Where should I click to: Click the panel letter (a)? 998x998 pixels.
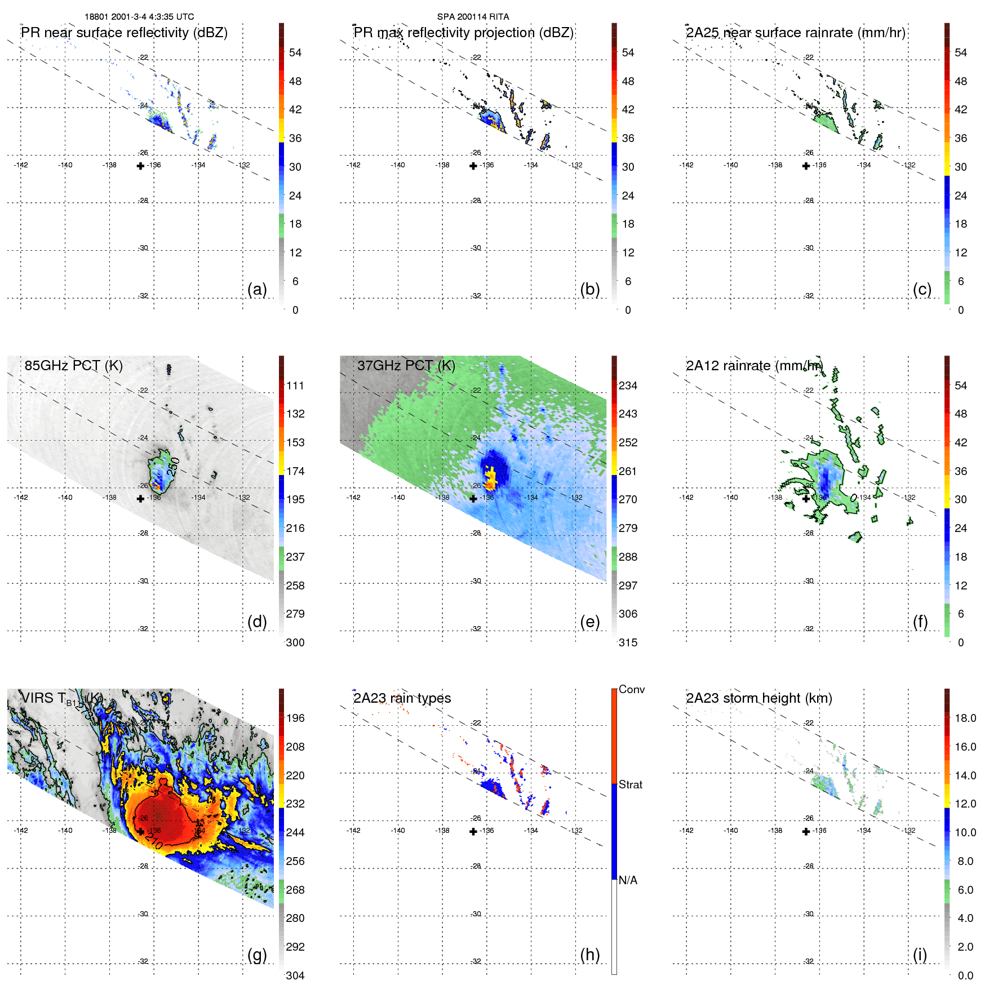click(x=257, y=289)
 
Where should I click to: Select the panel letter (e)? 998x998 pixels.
click(x=589, y=622)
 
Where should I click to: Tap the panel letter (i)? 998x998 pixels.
click(x=920, y=955)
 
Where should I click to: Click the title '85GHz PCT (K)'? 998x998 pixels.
click(x=73, y=365)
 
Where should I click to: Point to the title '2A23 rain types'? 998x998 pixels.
click(x=402, y=698)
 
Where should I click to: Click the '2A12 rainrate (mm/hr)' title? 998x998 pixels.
click(x=754, y=365)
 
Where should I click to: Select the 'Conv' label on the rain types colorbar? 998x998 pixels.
click(x=631, y=689)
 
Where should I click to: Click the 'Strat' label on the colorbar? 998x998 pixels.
click(x=630, y=784)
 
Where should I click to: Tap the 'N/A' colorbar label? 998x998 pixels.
click(x=628, y=880)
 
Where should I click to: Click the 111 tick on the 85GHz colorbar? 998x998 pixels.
click(x=295, y=385)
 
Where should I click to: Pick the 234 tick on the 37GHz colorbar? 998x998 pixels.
click(x=628, y=385)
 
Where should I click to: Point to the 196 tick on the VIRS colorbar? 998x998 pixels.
click(x=295, y=718)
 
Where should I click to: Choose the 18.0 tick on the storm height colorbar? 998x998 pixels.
click(x=965, y=718)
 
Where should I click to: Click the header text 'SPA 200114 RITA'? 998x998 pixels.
click(x=473, y=16)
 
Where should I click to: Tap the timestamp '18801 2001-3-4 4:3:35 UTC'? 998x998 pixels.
click(x=139, y=16)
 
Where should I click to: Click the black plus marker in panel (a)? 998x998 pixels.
click(x=140, y=166)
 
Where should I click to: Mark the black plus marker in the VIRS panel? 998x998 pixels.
click(x=140, y=831)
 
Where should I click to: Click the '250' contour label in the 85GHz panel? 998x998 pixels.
click(x=174, y=466)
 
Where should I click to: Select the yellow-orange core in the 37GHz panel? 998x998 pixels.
click(x=491, y=478)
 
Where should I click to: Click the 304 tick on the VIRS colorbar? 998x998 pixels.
click(x=295, y=975)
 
